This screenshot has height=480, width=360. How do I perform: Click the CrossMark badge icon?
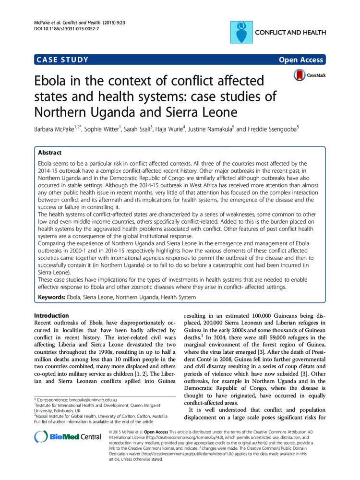coord(300,75)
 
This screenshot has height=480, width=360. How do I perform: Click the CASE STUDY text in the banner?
coord(62,60)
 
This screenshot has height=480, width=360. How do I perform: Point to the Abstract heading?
coord(50,153)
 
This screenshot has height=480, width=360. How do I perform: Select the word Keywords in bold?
coord(51,297)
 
